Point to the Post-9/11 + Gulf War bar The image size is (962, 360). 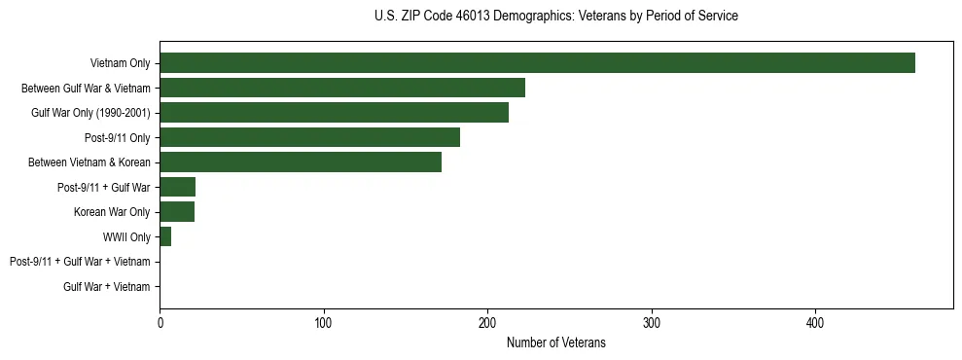(178, 187)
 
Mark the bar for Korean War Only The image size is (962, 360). (177, 212)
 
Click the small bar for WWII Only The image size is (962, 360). (165, 236)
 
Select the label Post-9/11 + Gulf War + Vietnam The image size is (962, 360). (80, 262)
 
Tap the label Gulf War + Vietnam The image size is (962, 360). (106, 287)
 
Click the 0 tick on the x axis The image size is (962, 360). (160, 323)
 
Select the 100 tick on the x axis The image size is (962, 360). (324, 323)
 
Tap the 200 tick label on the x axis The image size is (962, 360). (487, 323)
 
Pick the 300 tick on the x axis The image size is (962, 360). (652, 323)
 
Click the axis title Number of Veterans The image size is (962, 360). (555, 342)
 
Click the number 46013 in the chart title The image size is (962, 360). (473, 17)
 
